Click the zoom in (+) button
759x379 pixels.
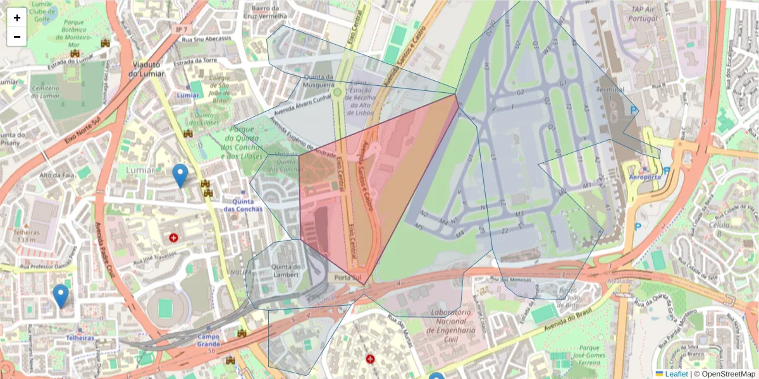pyautogui.click(x=17, y=18)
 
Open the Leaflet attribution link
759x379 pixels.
pyautogui.click(x=676, y=374)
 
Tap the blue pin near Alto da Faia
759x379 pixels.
pyautogui.click(x=180, y=175)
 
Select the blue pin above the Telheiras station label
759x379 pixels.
pyautogui.click(x=61, y=296)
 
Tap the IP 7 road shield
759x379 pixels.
pyautogui.click(x=182, y=30)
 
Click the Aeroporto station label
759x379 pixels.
pyautogui.click(x=645, y=177)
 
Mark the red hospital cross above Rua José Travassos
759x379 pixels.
pyautogui.click(x=173, y=238)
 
